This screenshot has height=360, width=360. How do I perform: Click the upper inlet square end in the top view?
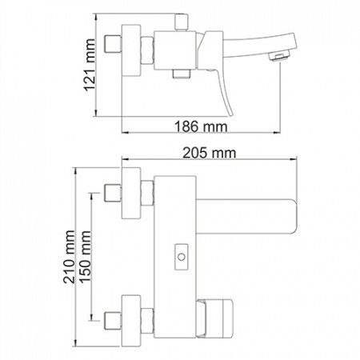coord(114,194)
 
